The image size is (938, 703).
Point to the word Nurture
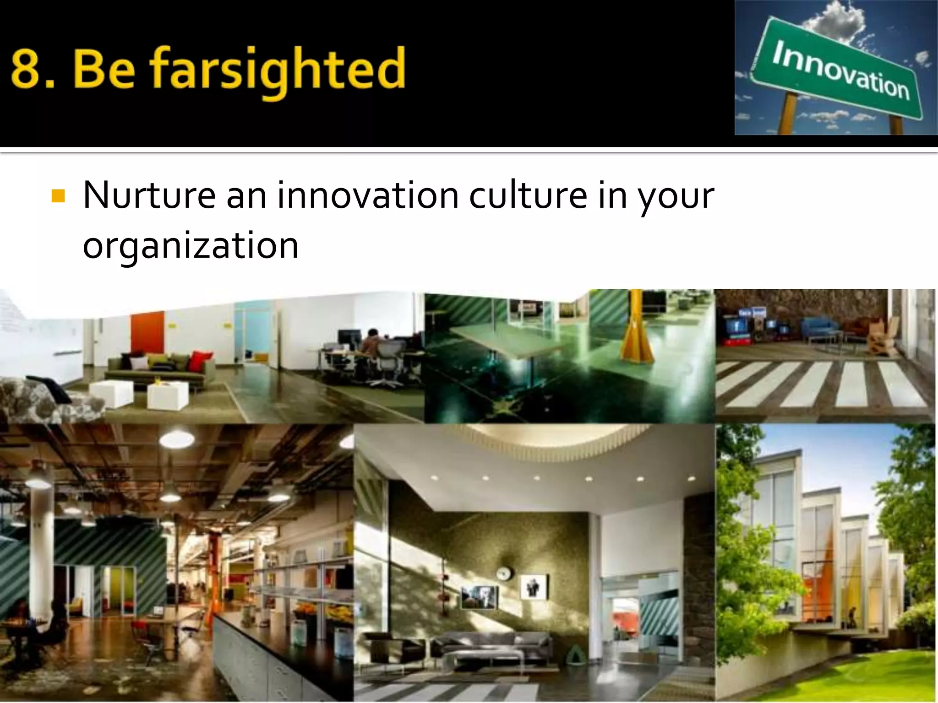[x=149, y=196]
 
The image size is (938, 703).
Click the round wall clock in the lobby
[x=504, y=572]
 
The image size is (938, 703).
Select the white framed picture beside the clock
[x=534, y=587]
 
